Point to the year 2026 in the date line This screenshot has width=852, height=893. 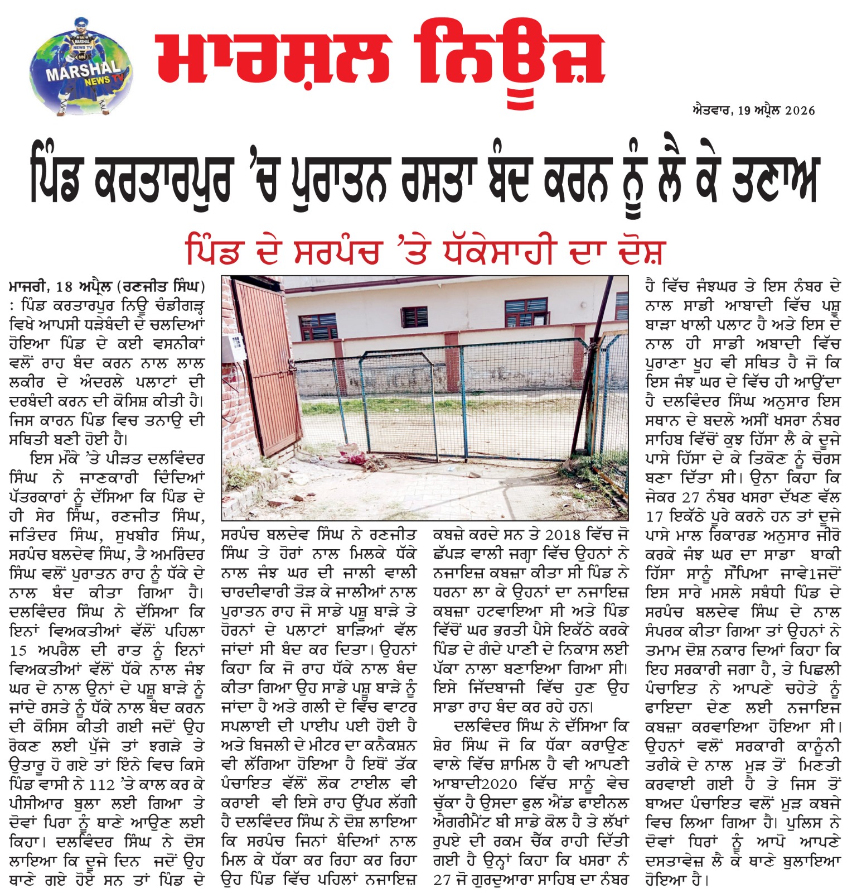pyautogui.click(x=800, y=111)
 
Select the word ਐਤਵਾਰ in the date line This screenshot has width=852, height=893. pyautogui.click(x=712, y=111)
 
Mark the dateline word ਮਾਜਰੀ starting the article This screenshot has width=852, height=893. pyautogui.click(x=28, y=287)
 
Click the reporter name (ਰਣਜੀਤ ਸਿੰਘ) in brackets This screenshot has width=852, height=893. pyautogui.click(x=161, y=287)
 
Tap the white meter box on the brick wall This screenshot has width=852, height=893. pyautogui.click(x=237, y=346)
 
